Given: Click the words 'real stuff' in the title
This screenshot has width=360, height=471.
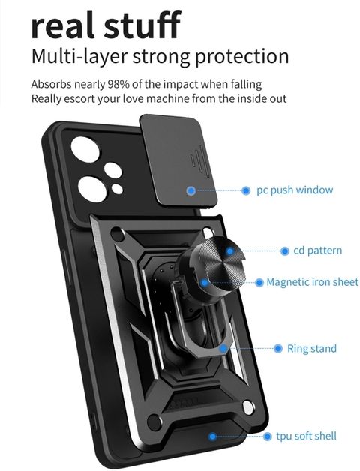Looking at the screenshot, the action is pyautogui.click(x=106, y=25).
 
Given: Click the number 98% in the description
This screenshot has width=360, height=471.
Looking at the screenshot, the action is pyautogui.click(x=118, y=84).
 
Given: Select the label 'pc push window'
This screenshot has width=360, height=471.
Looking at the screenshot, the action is pyautogui.click(x=295, y=190).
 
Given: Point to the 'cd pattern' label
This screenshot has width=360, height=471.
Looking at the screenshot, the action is pyautogui.click(x=318, y=250).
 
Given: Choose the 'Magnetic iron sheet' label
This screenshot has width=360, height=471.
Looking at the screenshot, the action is pyautogui.click(x=313, y=282).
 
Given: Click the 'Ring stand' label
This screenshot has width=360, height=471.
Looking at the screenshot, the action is pyautogui.click(x=312, y=349).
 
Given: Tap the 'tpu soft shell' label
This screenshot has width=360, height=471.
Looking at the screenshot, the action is pyautogui.click(x=306, y=436).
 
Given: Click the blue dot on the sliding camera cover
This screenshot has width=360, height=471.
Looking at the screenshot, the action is pyautogui.click(x=191, y=190).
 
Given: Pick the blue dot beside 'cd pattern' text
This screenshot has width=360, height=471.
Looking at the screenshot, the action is pyautogui.click(x=284, y=250).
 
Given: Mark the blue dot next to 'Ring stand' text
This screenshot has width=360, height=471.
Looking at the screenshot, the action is pyautogui.click(x=278, y=349).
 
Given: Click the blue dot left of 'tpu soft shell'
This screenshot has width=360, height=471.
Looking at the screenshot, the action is pyautogui.click(x=267, y=436).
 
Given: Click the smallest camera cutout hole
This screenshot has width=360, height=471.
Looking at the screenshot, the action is pyautogui.click(x=117, y=189).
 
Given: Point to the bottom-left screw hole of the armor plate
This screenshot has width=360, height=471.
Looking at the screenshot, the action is pyautogui.click(x=154, y=421).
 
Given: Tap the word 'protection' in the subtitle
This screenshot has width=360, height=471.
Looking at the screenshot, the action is pyautogui.click(x=242, y=57).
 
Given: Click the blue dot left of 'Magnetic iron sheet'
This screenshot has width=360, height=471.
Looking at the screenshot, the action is pyautogui.click(x=259, y=282).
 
